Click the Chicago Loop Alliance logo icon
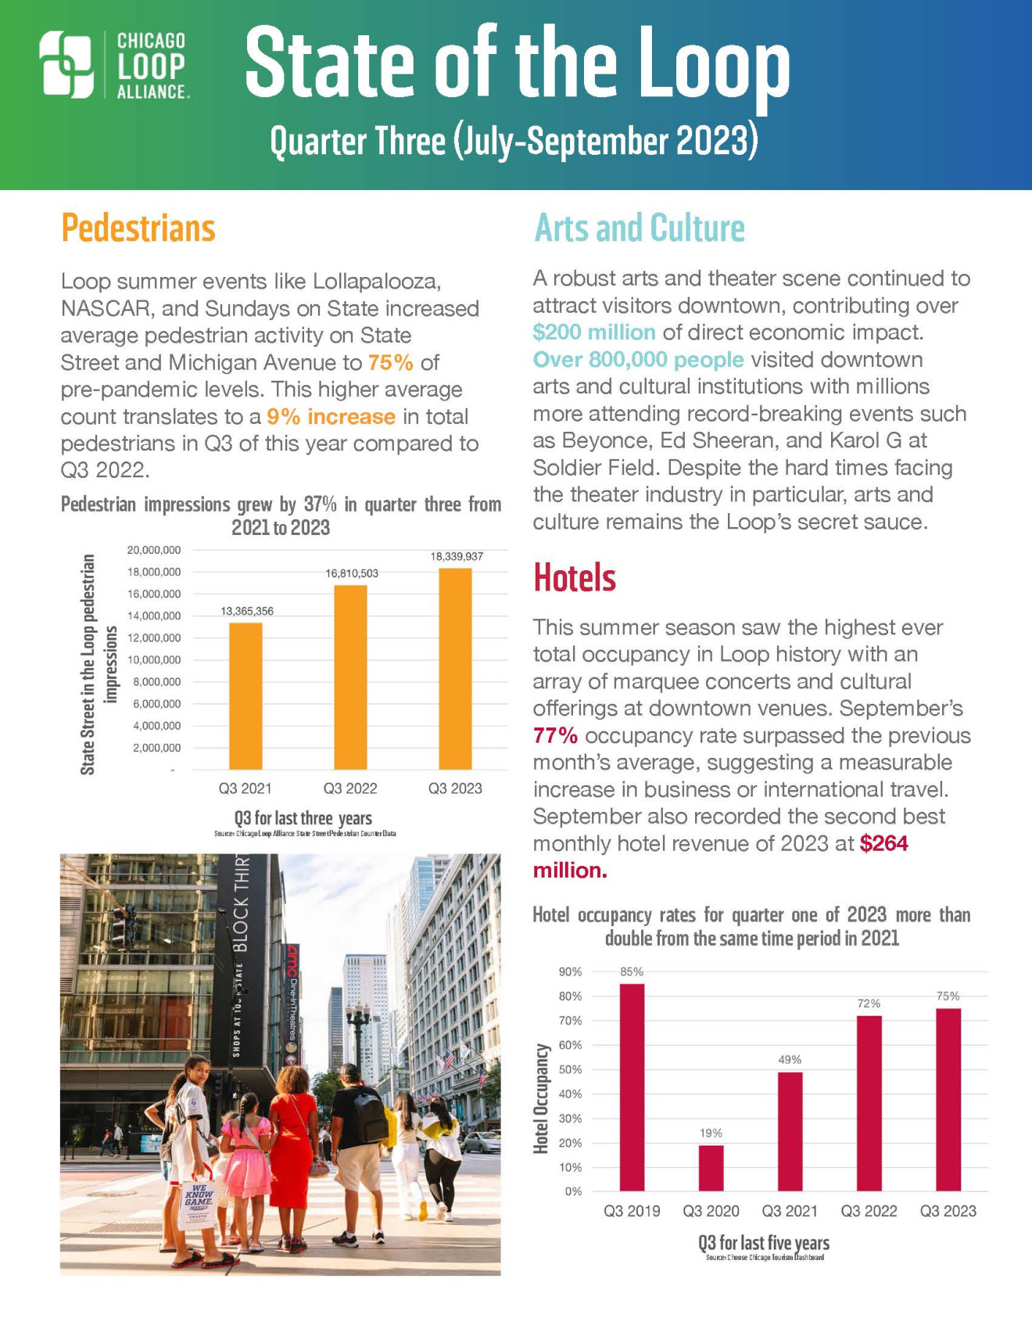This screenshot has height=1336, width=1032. tap(67, 65)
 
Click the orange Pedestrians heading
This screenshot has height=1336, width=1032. tap(138, 228)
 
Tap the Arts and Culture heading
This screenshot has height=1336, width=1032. tap(639, 228)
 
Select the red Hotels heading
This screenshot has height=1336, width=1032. tap(575, 578)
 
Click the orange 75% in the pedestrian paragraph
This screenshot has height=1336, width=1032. tap(390, 363)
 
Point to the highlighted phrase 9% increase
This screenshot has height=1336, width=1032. tap(331, 417)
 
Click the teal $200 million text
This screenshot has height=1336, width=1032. tap(594, 332)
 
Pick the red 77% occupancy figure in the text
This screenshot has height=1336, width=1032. tap(555, 736)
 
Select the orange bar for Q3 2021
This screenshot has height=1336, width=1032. tap(245, 696)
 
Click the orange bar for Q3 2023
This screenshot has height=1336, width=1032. tap(455, 669)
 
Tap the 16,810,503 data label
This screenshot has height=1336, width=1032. tap(352, 573)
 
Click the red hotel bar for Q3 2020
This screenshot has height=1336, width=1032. tap(711, 1168)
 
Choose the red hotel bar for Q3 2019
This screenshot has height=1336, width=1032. tap(632, 1087)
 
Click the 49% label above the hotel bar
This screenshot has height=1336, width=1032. tap(790, 1060)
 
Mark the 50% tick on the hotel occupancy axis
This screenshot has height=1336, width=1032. tap(570, 1069)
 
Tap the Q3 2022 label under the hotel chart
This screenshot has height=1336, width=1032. tap(869, 1212)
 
